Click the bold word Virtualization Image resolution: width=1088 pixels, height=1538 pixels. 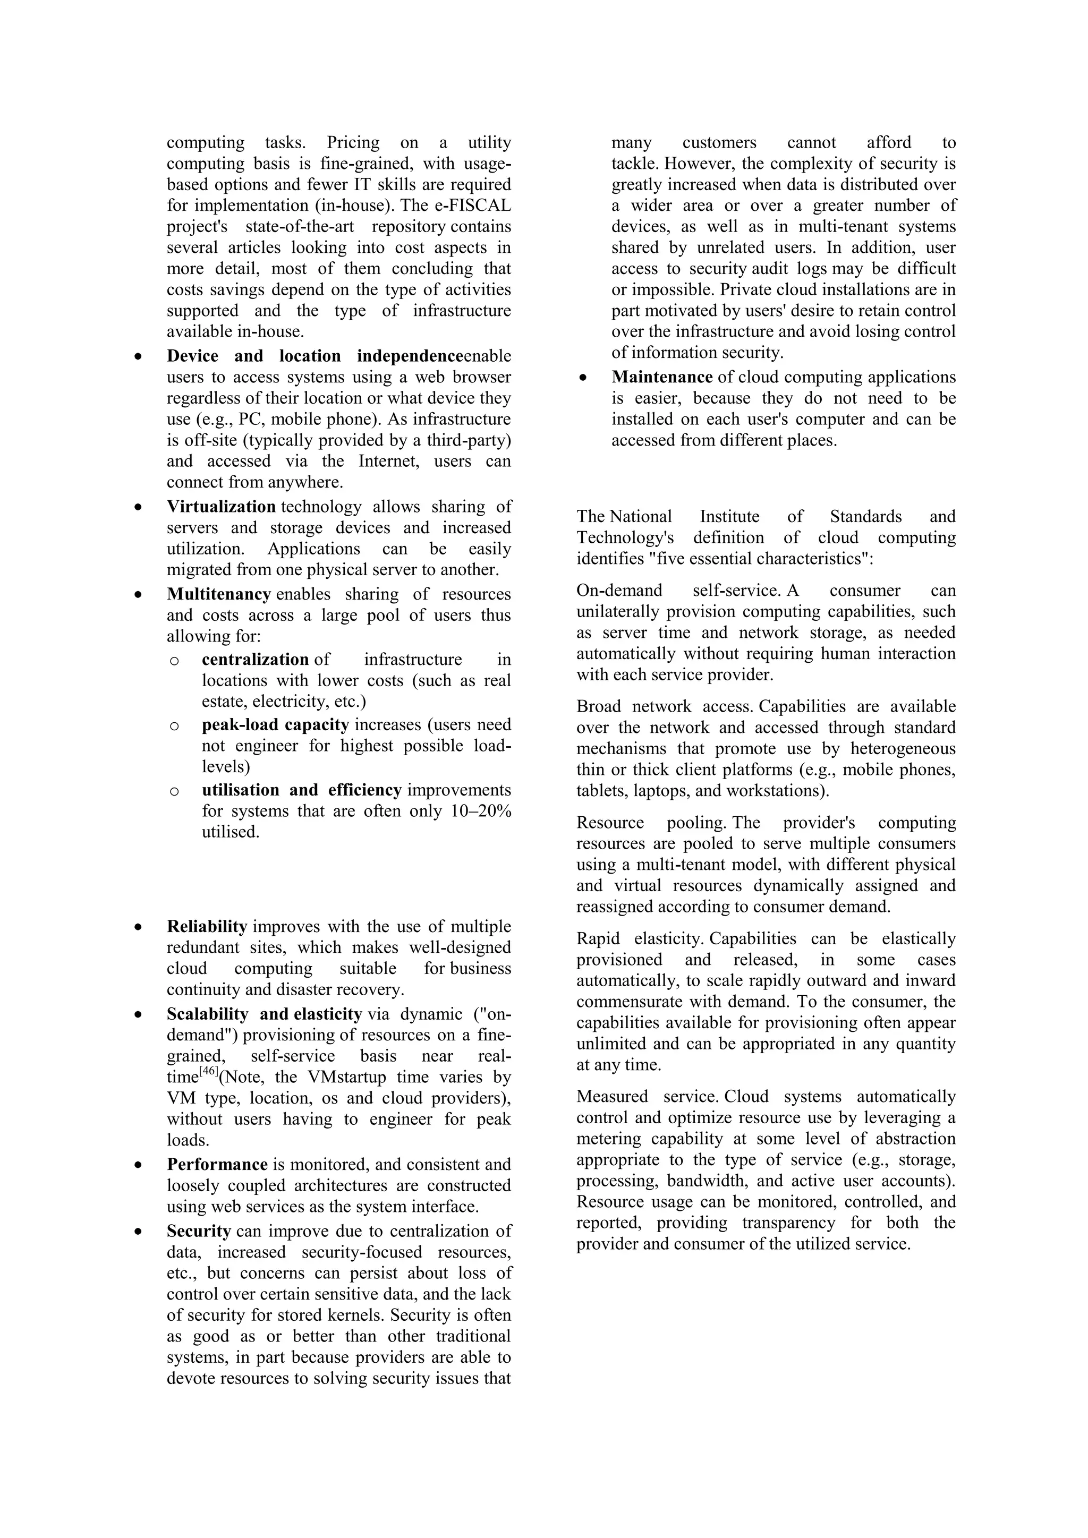pos(220,507)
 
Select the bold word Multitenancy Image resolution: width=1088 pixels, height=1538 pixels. pos(218,594)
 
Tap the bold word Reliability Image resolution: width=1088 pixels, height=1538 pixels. pos(207,926)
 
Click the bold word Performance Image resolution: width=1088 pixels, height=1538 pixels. pos(217,1164)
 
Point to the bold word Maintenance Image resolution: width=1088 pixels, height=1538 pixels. pos(661,377)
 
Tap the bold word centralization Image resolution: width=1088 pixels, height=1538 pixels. pos(255,660)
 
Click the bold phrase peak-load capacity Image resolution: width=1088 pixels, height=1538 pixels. pos(275,725)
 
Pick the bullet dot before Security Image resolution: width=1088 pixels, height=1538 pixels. pos(138,1231)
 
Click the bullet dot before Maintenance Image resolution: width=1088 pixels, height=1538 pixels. pos(583,378)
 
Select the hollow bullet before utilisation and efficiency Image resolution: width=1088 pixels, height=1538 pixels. pos(174,791)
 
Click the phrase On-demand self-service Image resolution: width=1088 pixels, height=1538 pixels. pos(677,591)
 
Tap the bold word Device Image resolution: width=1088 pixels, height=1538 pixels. pos(192,356)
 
